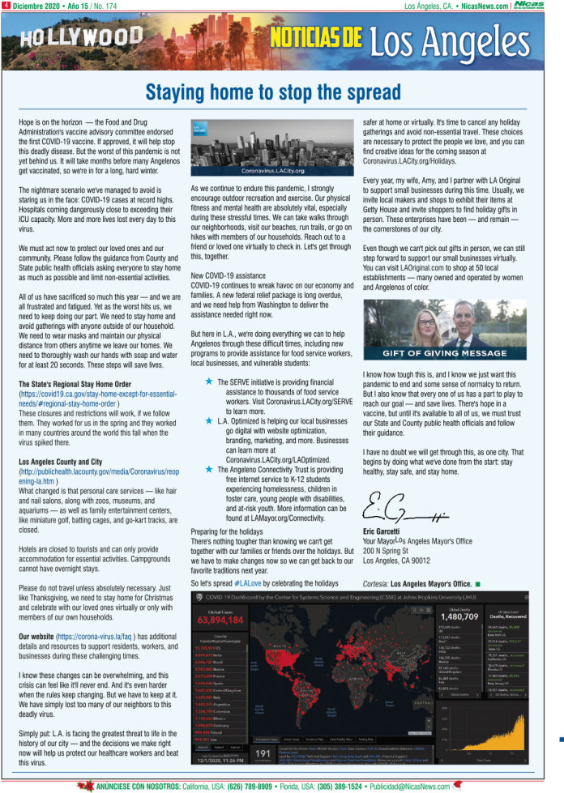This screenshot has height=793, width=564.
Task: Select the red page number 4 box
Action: (x=6, y=6)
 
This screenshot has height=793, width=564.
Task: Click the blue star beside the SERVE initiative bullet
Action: (x=209, y=358)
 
